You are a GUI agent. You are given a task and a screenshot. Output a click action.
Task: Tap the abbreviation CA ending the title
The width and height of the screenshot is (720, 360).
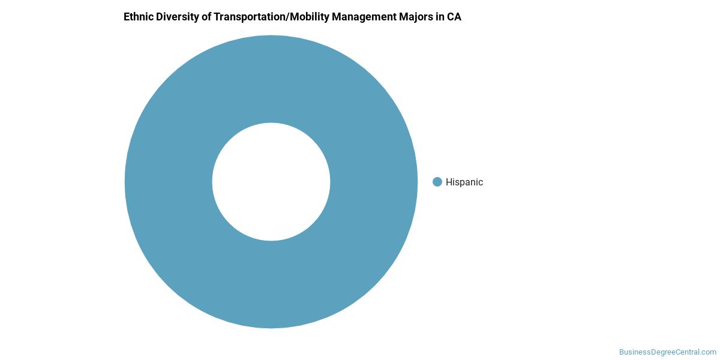coord(454,17)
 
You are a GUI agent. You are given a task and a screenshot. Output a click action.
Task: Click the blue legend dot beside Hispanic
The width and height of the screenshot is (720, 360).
coord(437,182)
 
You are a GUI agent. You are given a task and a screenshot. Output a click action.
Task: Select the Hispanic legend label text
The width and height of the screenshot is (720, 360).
coord(464,182)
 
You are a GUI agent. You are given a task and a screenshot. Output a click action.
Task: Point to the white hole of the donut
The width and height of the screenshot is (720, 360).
coord(271,182)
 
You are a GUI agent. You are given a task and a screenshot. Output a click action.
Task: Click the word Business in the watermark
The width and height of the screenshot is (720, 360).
coord(634,352)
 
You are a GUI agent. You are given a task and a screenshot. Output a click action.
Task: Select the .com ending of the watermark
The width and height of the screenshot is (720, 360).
coord(709,352)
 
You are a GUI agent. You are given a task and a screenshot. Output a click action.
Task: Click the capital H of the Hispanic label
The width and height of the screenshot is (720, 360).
coord(449,182)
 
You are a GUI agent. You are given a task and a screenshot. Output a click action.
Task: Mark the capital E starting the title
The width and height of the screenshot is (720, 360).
coord(127,17)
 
